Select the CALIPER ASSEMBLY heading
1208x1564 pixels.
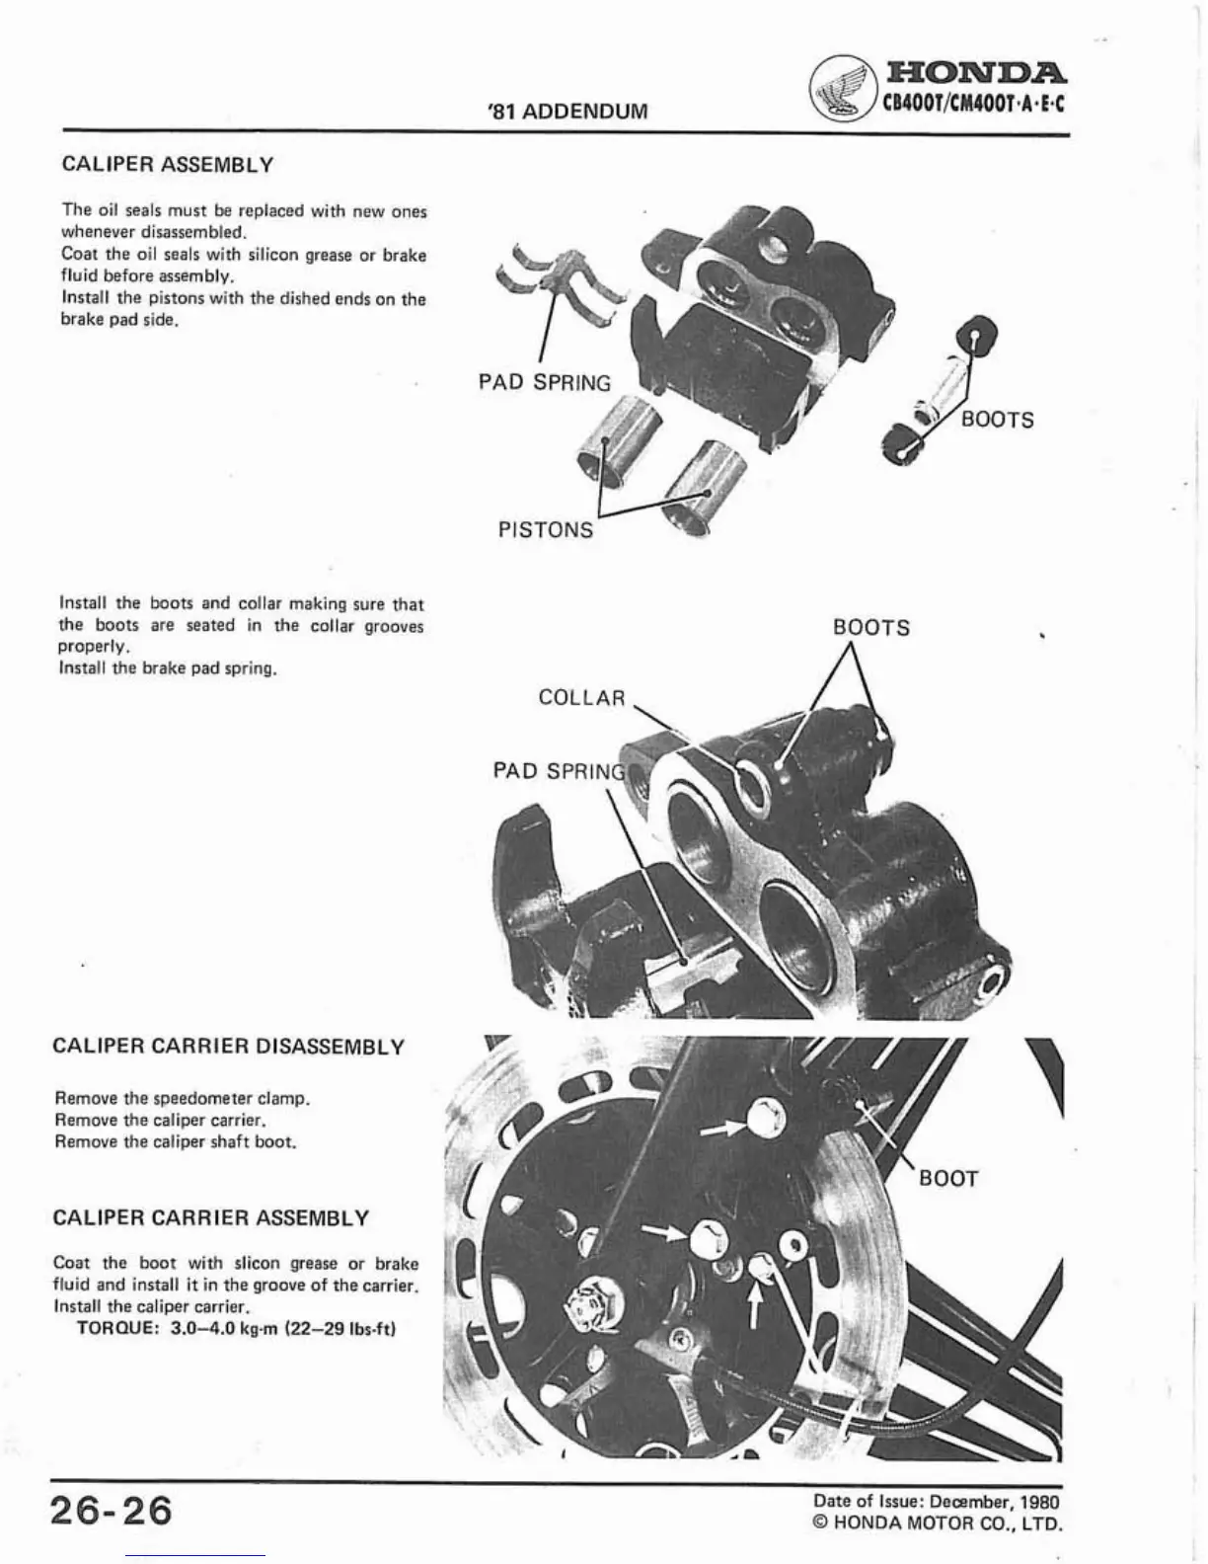[x=167, y=164]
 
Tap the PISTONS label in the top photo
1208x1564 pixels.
[x=546, y=530]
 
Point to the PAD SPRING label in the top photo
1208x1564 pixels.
[x=545, y=383]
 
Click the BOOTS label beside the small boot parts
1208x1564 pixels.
[x=998, y=420]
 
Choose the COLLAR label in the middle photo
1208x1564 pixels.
[x=581, y=698]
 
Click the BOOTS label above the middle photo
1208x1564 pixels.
[x=871, y=628]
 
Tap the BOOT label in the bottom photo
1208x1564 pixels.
[x=948, y=1179]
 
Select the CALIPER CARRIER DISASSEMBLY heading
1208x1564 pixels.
[x=228, y=1047]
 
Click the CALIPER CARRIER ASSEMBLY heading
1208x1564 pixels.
[x=210, y=1217]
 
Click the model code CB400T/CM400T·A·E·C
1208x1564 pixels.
[x=974, y=103]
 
